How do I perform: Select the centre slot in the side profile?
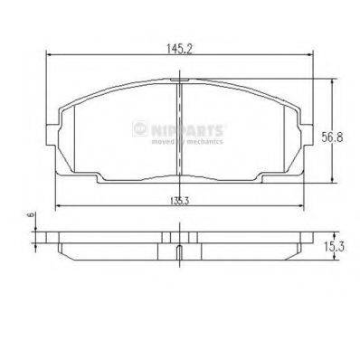coord(180,251)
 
